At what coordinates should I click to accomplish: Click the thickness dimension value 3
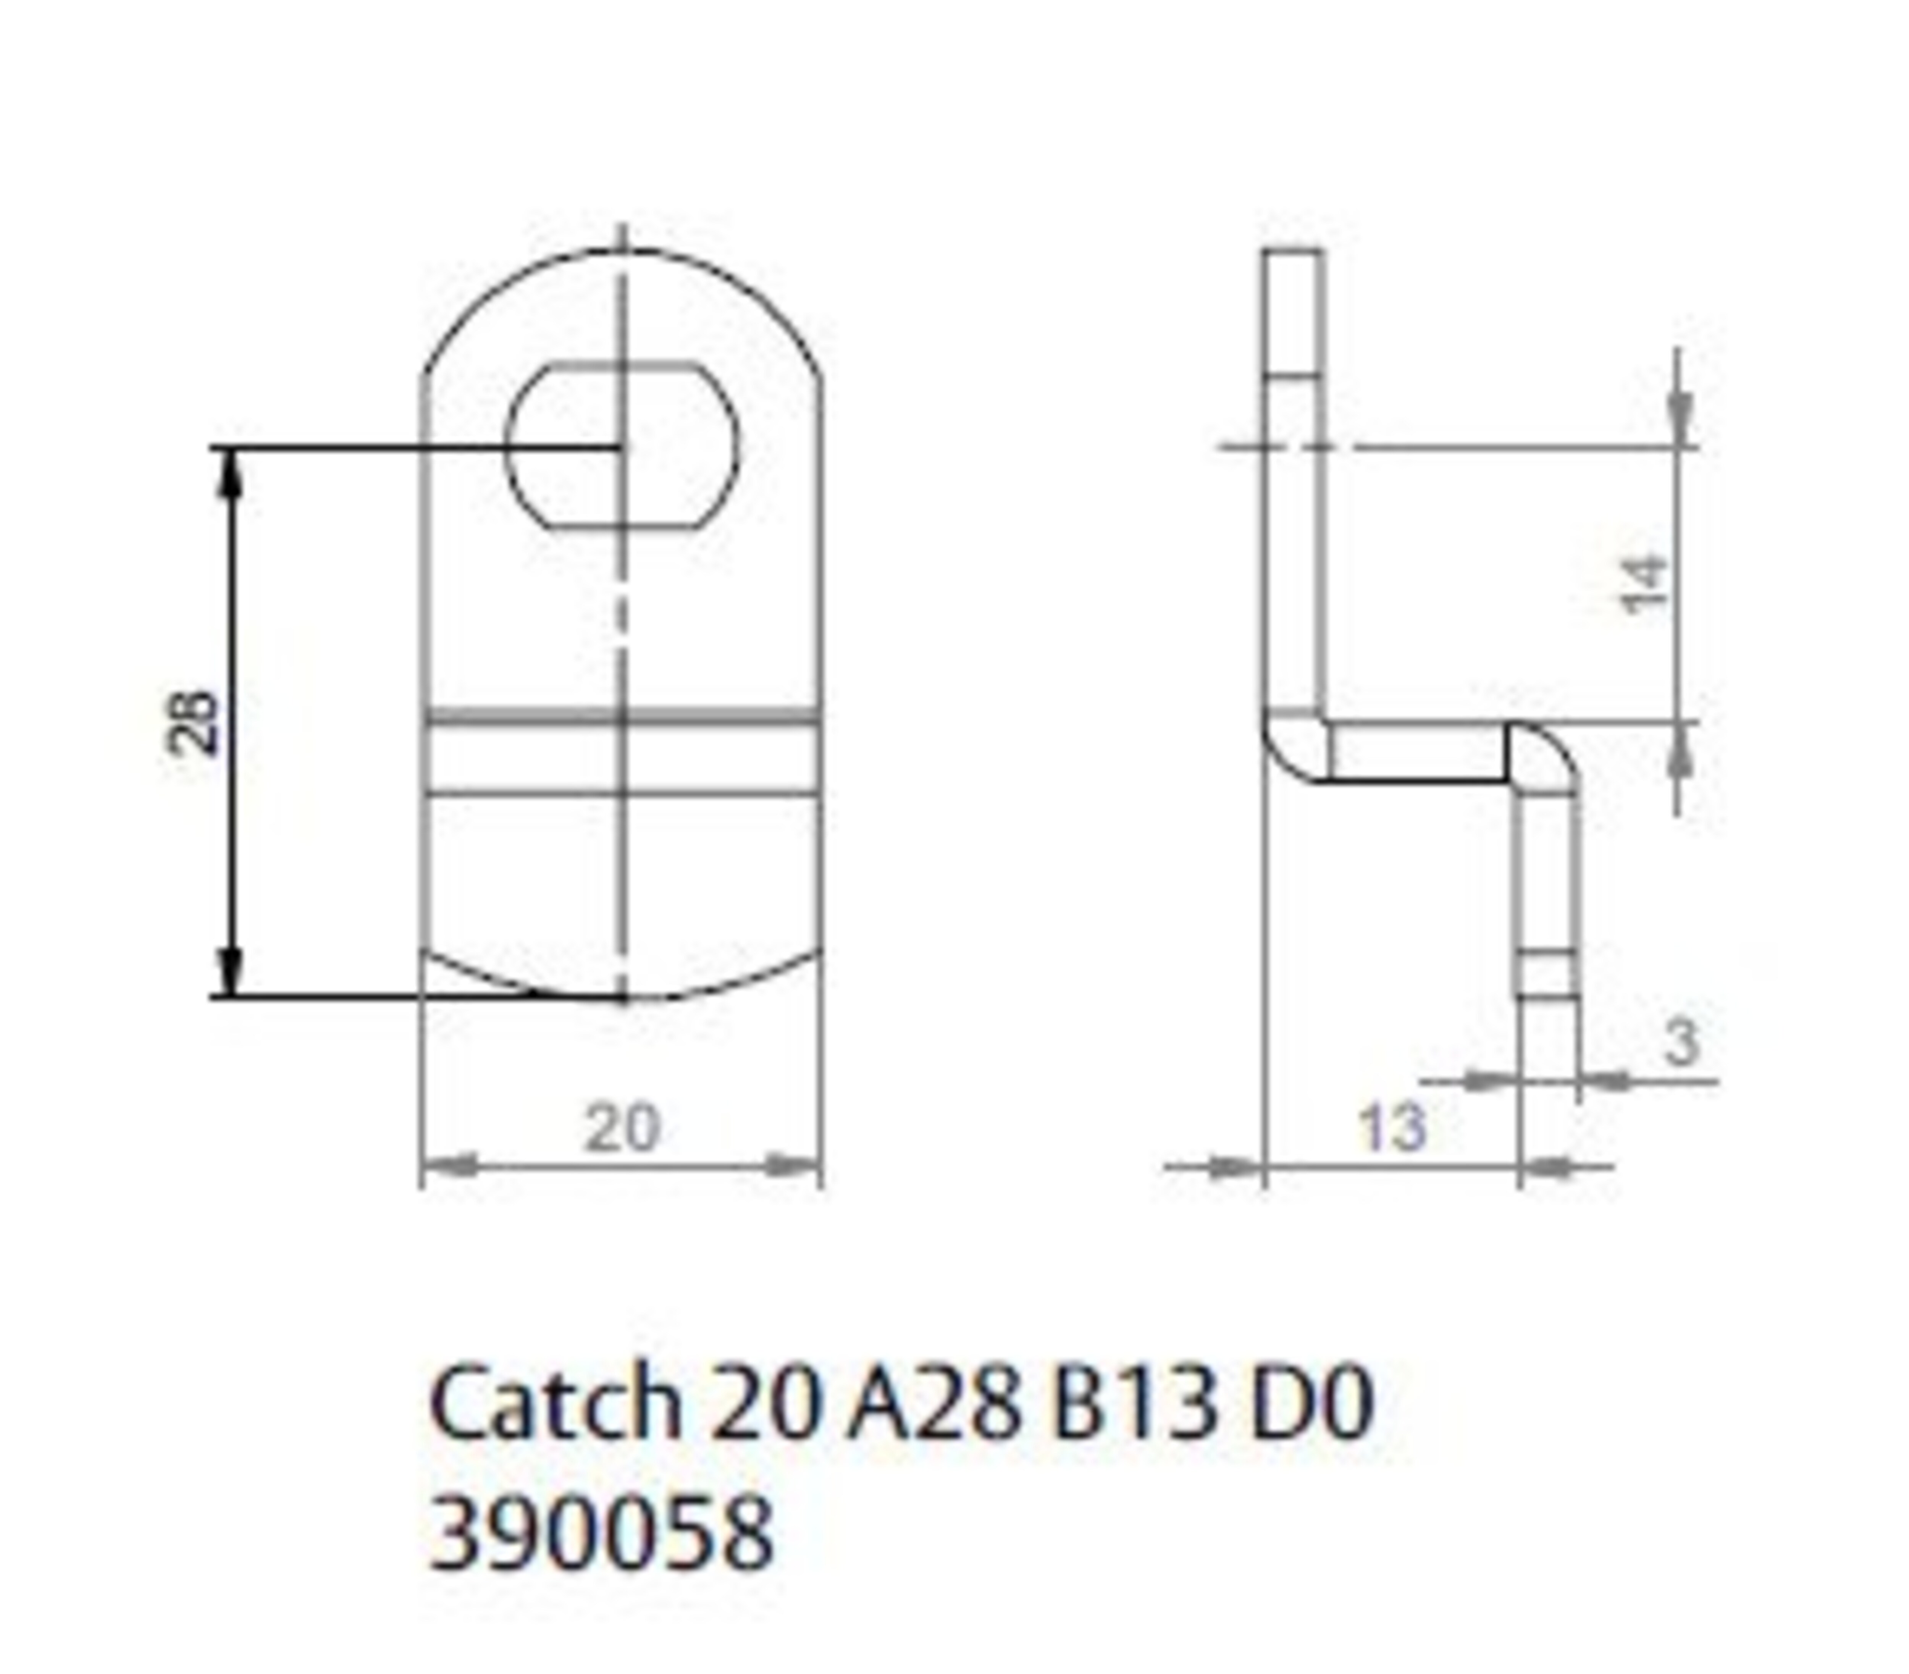pos(1681,1042)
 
